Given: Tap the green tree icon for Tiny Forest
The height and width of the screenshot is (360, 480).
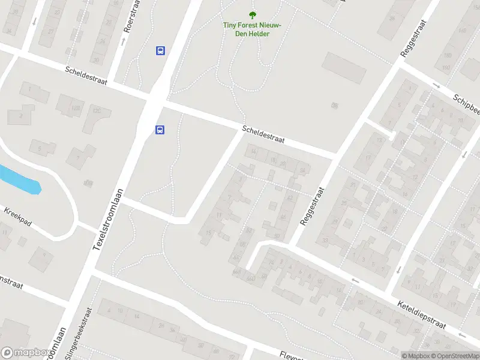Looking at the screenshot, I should click(x=253, y=15).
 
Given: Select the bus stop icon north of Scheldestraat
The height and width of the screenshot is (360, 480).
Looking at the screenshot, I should click(x=161, y=51).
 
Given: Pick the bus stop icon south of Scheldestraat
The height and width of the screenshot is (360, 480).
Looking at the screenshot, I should click(x=160, y=129).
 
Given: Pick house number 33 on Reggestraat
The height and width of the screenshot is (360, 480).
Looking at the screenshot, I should click(x=325, y=241).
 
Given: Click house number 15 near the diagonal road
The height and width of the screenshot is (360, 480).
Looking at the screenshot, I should click(x=208, y=233).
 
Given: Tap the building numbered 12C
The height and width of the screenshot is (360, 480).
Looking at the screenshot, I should click(x=96, y=110).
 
